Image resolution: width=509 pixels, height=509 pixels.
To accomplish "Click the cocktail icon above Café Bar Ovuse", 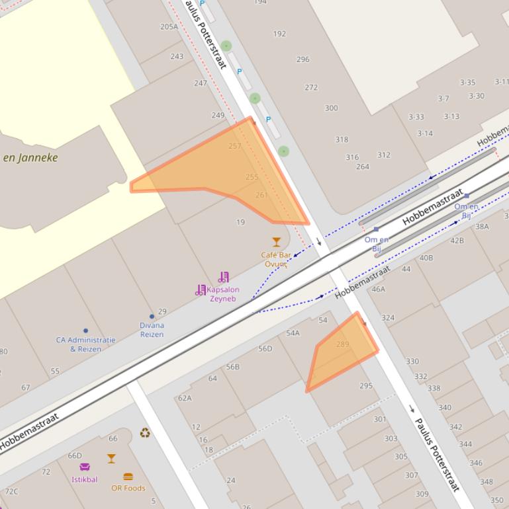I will pyautogui.click(x=276, y=242).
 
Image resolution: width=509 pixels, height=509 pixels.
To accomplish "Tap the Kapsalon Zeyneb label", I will pyautogui.click(x=223, y=294).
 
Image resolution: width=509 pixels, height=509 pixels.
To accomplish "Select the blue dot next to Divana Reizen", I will pyautogui.click(x=152, y=317).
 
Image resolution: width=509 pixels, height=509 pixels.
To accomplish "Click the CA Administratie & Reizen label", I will pyautogui.click(x=85, y=344).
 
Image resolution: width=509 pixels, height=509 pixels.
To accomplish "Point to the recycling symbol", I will pyautogui.click(x=145, y=433).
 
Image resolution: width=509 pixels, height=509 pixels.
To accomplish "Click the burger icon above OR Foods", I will pyautogui.click(x=128, y=477).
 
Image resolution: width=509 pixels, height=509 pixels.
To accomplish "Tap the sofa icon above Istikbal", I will pyautogui.click(x=85, y=467).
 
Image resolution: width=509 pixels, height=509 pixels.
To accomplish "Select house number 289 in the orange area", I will pyautogui.click(x=342, y=344).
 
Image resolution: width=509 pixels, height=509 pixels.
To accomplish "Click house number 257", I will pyautogui.click(x=234, y=146).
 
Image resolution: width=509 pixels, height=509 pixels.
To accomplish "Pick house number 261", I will pyautogui.click(x=261, y=195).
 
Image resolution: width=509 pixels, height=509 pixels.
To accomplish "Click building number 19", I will pyautogui.click(x=240, y=222).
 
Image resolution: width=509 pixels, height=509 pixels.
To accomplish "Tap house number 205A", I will pyautogui.click(x=169, y=27).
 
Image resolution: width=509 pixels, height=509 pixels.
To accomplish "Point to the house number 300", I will pyautogui.click(x=331, y=108).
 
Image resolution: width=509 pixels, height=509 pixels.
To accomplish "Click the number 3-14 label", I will pyautogui.click(x=425, y=134).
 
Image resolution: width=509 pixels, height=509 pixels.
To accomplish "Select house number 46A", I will pyautogui.click(x=378, y=289).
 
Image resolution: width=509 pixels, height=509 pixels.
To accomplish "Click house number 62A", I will pyautogui.click(x=185, y=398).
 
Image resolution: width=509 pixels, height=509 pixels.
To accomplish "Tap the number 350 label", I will pyautogui.click(x=496, y=500).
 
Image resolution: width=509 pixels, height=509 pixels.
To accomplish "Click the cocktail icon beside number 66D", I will pyautogui.click(x=111, y=458).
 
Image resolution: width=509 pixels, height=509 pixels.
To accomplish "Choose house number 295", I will pyautogui.click(x=366, y=386).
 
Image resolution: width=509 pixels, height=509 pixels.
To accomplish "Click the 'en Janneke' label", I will pyautogui.click(x=30, y=157).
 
